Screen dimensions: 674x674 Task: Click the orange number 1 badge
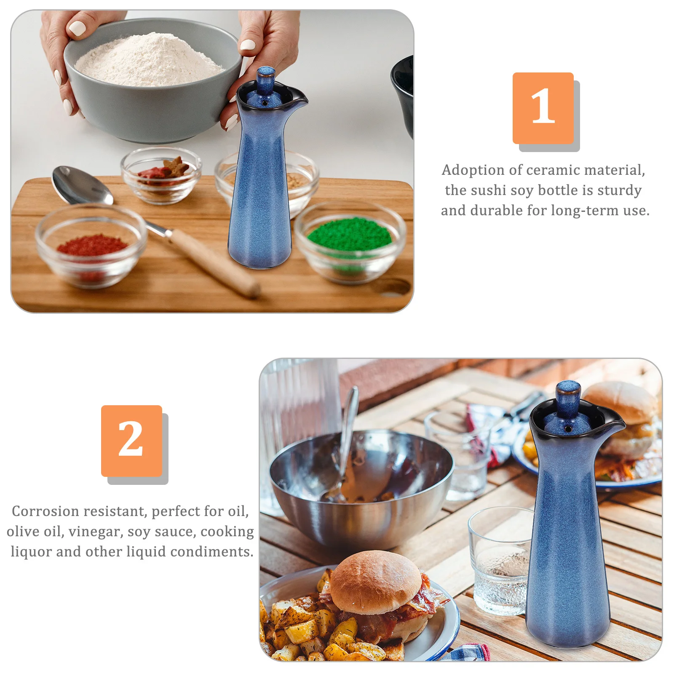click(543, 108)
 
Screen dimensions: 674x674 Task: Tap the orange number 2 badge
click(131, 441)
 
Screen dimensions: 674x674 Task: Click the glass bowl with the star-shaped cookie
click(161, 175)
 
